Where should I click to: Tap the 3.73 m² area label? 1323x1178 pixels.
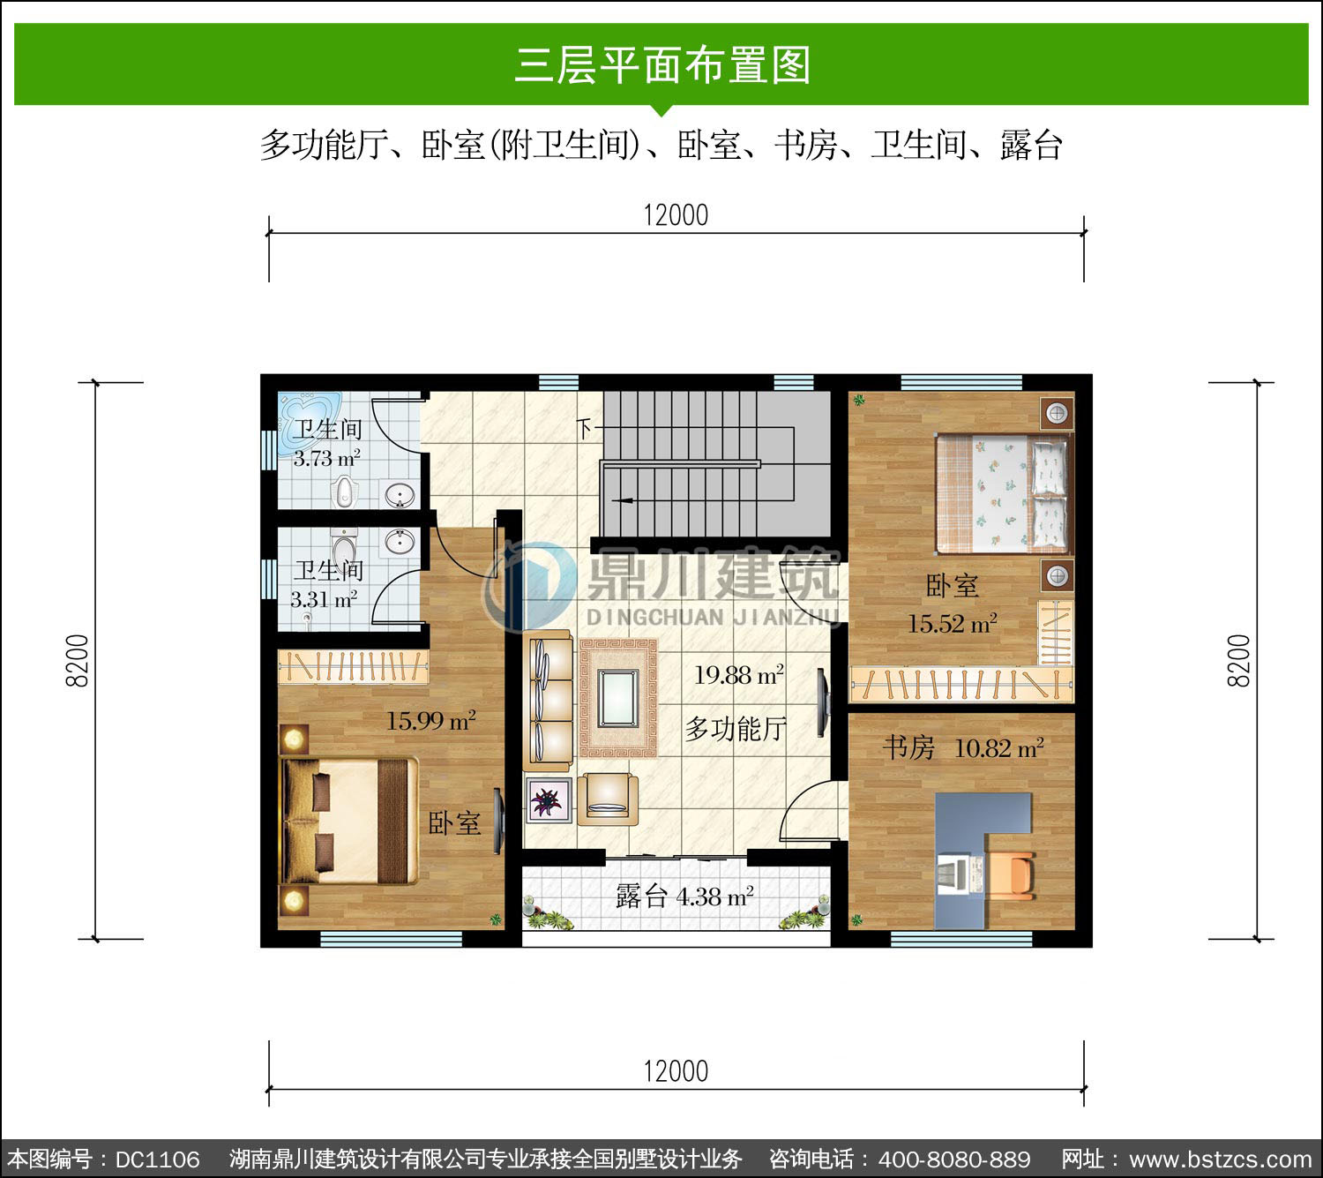[326, 458]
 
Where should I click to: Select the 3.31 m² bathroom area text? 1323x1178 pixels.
[324, 598]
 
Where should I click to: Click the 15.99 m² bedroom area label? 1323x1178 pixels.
[431, 721]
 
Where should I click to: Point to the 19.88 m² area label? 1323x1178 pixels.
[738, 675]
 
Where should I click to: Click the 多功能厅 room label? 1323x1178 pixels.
[736, 729]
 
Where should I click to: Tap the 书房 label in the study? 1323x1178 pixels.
[908, 748]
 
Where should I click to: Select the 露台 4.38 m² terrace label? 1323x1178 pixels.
[684, 897]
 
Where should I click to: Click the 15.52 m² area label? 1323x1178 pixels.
[952, 623]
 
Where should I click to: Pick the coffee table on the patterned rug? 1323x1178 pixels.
[617, 698]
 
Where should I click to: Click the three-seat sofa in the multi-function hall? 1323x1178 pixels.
[548, 700]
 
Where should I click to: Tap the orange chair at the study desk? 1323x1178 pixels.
[1010, 875]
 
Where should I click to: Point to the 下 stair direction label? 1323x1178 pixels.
[585, 429]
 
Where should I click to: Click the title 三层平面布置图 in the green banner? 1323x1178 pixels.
[662, 65]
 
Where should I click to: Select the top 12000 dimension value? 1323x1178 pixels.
[676, 215]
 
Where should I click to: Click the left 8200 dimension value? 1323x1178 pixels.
[77, 660]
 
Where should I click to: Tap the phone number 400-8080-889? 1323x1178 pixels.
[954, 1159]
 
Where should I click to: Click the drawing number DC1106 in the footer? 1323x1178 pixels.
[157, 1159]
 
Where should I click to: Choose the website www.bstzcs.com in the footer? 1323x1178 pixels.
[1221, 1159]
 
